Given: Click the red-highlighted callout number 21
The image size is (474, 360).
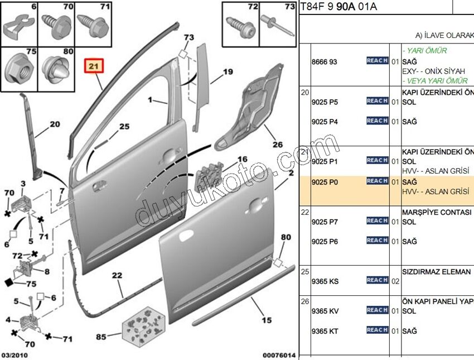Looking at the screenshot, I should point(93,67).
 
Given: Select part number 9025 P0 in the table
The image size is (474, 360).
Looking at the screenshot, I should point(324,181).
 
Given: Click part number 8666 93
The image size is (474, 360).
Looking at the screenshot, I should point(324,61).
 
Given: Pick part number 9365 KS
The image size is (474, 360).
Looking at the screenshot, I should point(325,281).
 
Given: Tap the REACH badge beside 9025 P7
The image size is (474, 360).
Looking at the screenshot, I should point(377,221).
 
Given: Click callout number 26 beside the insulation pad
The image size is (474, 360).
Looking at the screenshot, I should point(277,144).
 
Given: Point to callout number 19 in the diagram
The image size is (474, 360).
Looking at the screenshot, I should point(228,71).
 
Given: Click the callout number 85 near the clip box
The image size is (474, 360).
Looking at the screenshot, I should point(100,337).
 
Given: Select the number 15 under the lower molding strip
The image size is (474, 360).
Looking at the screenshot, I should point(267,320).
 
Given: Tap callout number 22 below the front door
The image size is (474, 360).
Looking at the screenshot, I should point(117,276).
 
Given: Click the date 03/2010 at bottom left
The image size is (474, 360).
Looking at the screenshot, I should point(16,354).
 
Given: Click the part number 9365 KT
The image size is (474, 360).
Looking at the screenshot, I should point(325,332).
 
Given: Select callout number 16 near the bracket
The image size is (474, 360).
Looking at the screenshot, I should point(242,160).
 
